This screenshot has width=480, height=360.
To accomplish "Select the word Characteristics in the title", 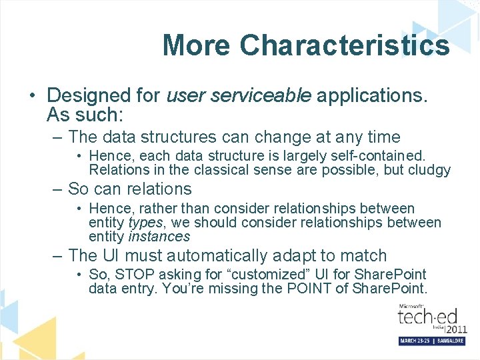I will click(x=345, y=45).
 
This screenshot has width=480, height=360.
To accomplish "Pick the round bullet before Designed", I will click(x=32, y=96).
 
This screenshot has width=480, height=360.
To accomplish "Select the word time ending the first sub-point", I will click(x=383, y=137).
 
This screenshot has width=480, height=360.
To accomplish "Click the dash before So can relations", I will click(x=58, y=189).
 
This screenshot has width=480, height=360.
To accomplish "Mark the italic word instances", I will click(x=159, y=236).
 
